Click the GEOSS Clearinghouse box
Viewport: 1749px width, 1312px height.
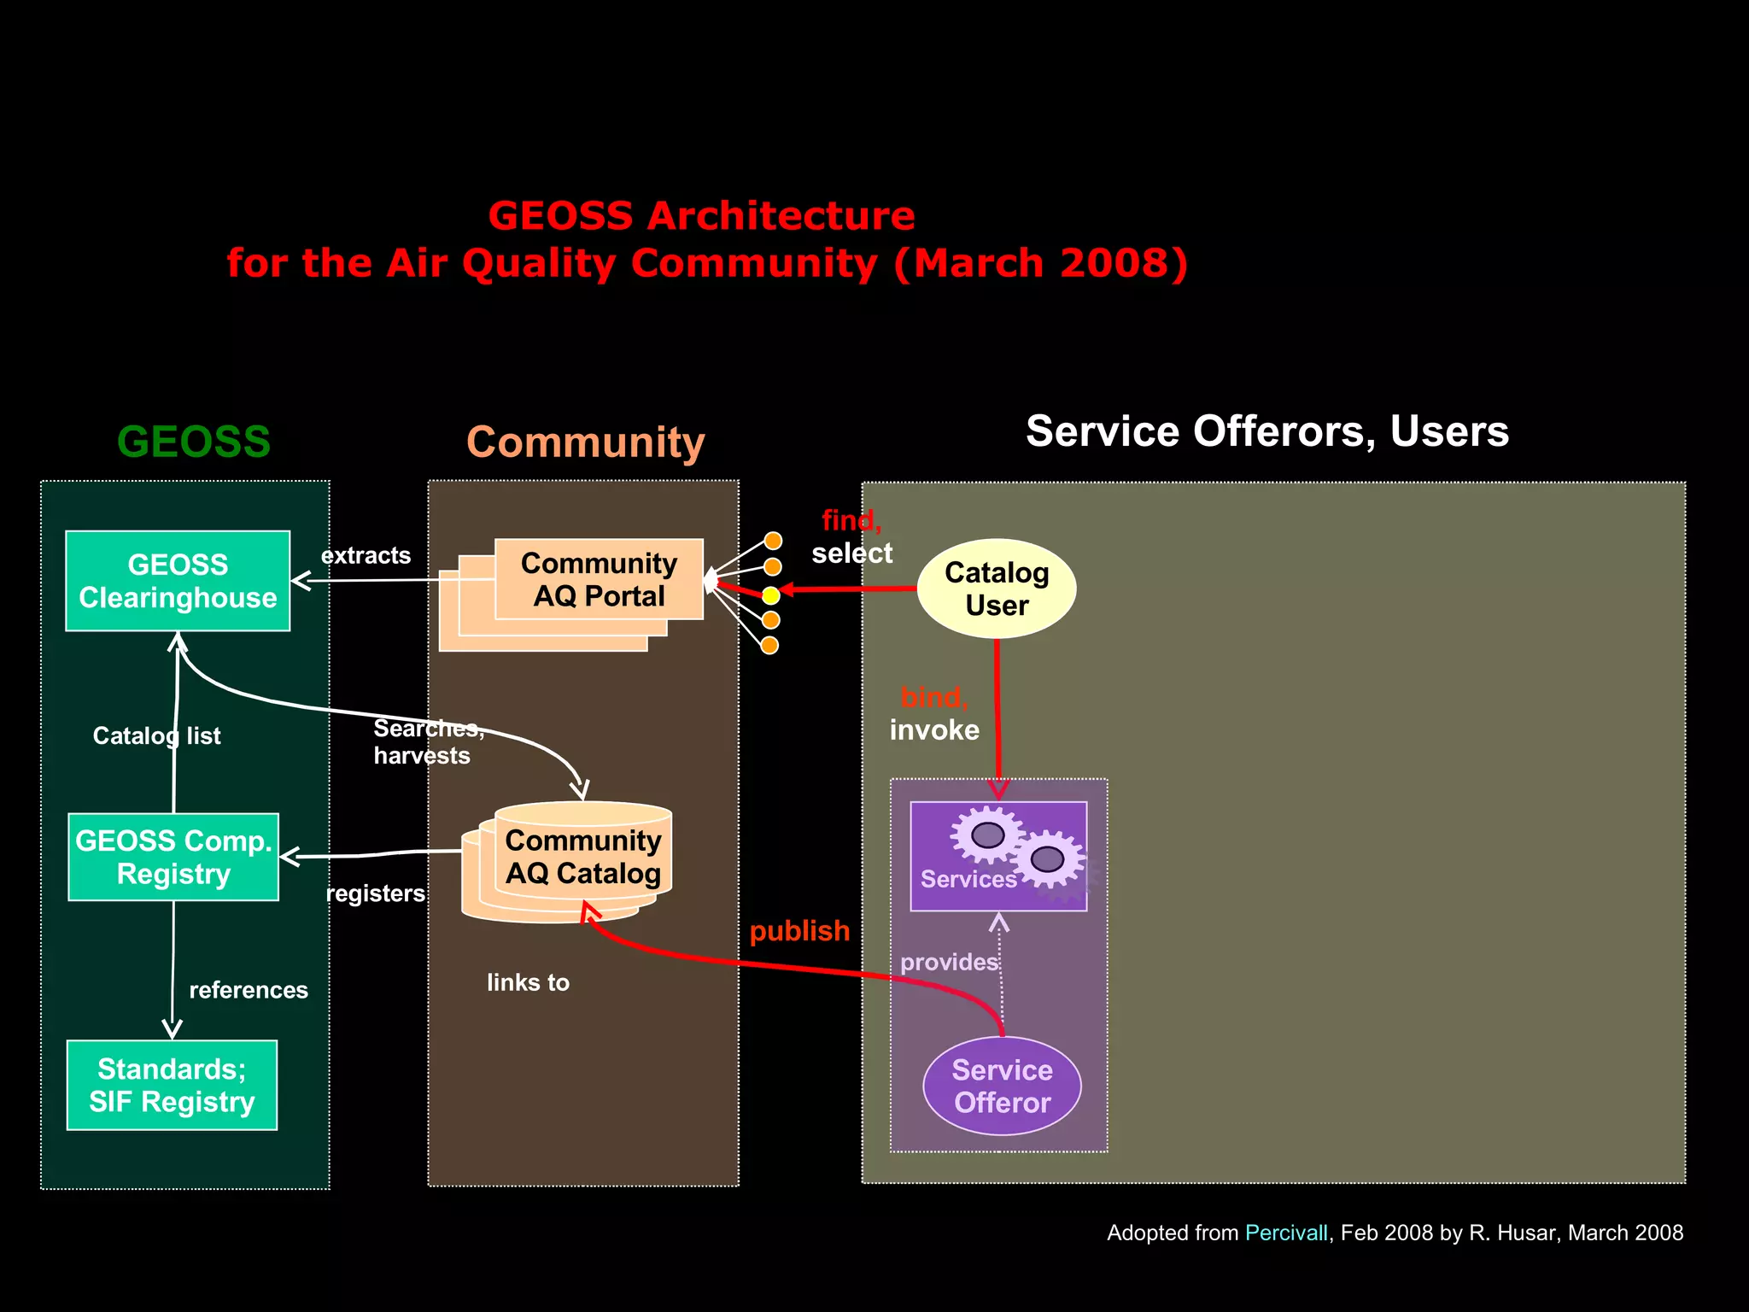178,581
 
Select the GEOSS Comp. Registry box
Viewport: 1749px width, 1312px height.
173,857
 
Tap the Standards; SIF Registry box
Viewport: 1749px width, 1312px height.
172,1085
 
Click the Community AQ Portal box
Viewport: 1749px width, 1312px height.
599,579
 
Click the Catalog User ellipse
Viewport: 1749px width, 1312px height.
996,589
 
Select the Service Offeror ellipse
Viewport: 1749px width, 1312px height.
1002,1086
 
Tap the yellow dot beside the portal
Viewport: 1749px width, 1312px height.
770,595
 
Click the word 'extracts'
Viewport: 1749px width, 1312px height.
366,555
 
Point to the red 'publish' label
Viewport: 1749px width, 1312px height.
799,930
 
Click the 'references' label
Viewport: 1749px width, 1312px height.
248,990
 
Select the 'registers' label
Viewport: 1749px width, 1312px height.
375,893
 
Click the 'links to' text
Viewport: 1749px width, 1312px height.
528,982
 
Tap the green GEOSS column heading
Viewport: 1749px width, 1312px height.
194,442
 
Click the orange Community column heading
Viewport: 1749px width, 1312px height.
585,442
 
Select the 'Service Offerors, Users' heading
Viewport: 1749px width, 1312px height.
1266,430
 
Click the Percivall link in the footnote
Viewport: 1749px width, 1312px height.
1286,1233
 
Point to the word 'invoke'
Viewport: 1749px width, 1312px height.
934,730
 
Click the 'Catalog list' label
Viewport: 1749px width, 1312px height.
156,735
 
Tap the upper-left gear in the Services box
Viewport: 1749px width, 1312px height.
987,834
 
